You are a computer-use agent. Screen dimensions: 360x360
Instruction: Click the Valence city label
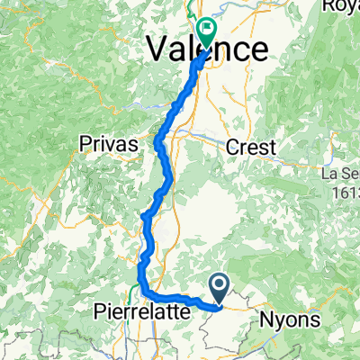point(207,48)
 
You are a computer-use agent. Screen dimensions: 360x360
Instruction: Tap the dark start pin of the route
point(220,287)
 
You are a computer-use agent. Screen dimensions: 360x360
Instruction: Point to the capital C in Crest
point(236,146)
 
